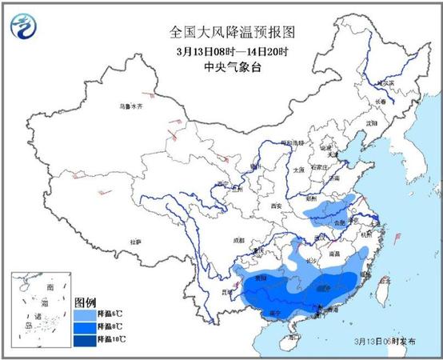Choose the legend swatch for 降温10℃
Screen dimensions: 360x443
click(85, 338)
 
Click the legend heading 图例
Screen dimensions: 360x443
click(86, 302)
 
